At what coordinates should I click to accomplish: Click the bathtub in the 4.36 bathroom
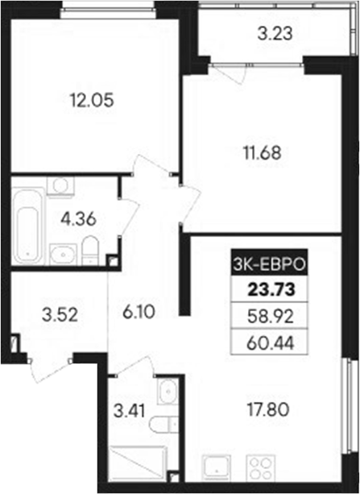pos(27,224)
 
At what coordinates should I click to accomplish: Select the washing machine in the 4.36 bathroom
pos(56,187)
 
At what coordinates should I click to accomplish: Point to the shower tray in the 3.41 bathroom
pos(137,464)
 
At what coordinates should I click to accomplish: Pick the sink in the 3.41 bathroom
pos(166,392)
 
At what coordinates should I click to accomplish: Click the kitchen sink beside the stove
pos(215,467)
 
